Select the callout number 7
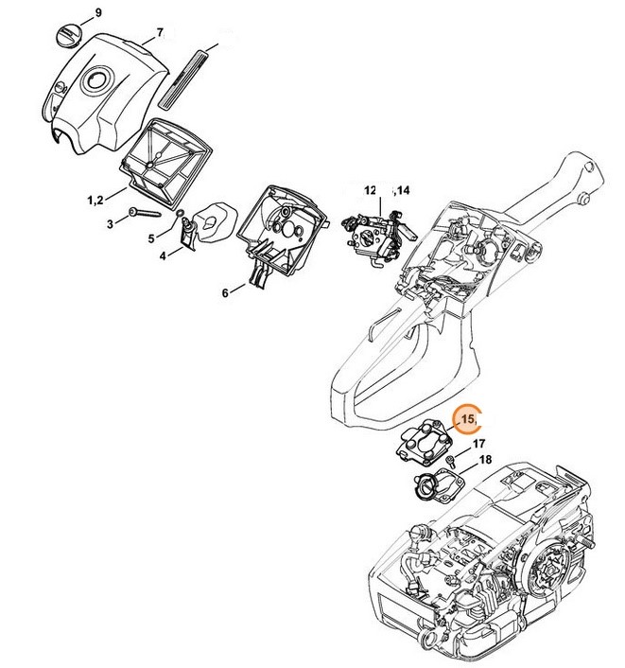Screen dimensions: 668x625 coord(160,32)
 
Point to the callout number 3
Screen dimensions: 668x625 coord(109,224)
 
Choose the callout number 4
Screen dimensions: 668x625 coord(163,255)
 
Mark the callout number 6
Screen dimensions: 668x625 coord(226,293)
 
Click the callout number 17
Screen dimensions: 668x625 coord(479,443)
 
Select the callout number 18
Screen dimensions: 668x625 coord(486,460)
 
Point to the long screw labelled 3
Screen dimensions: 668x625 coord(152,213)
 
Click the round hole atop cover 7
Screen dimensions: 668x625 coord(95,81)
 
